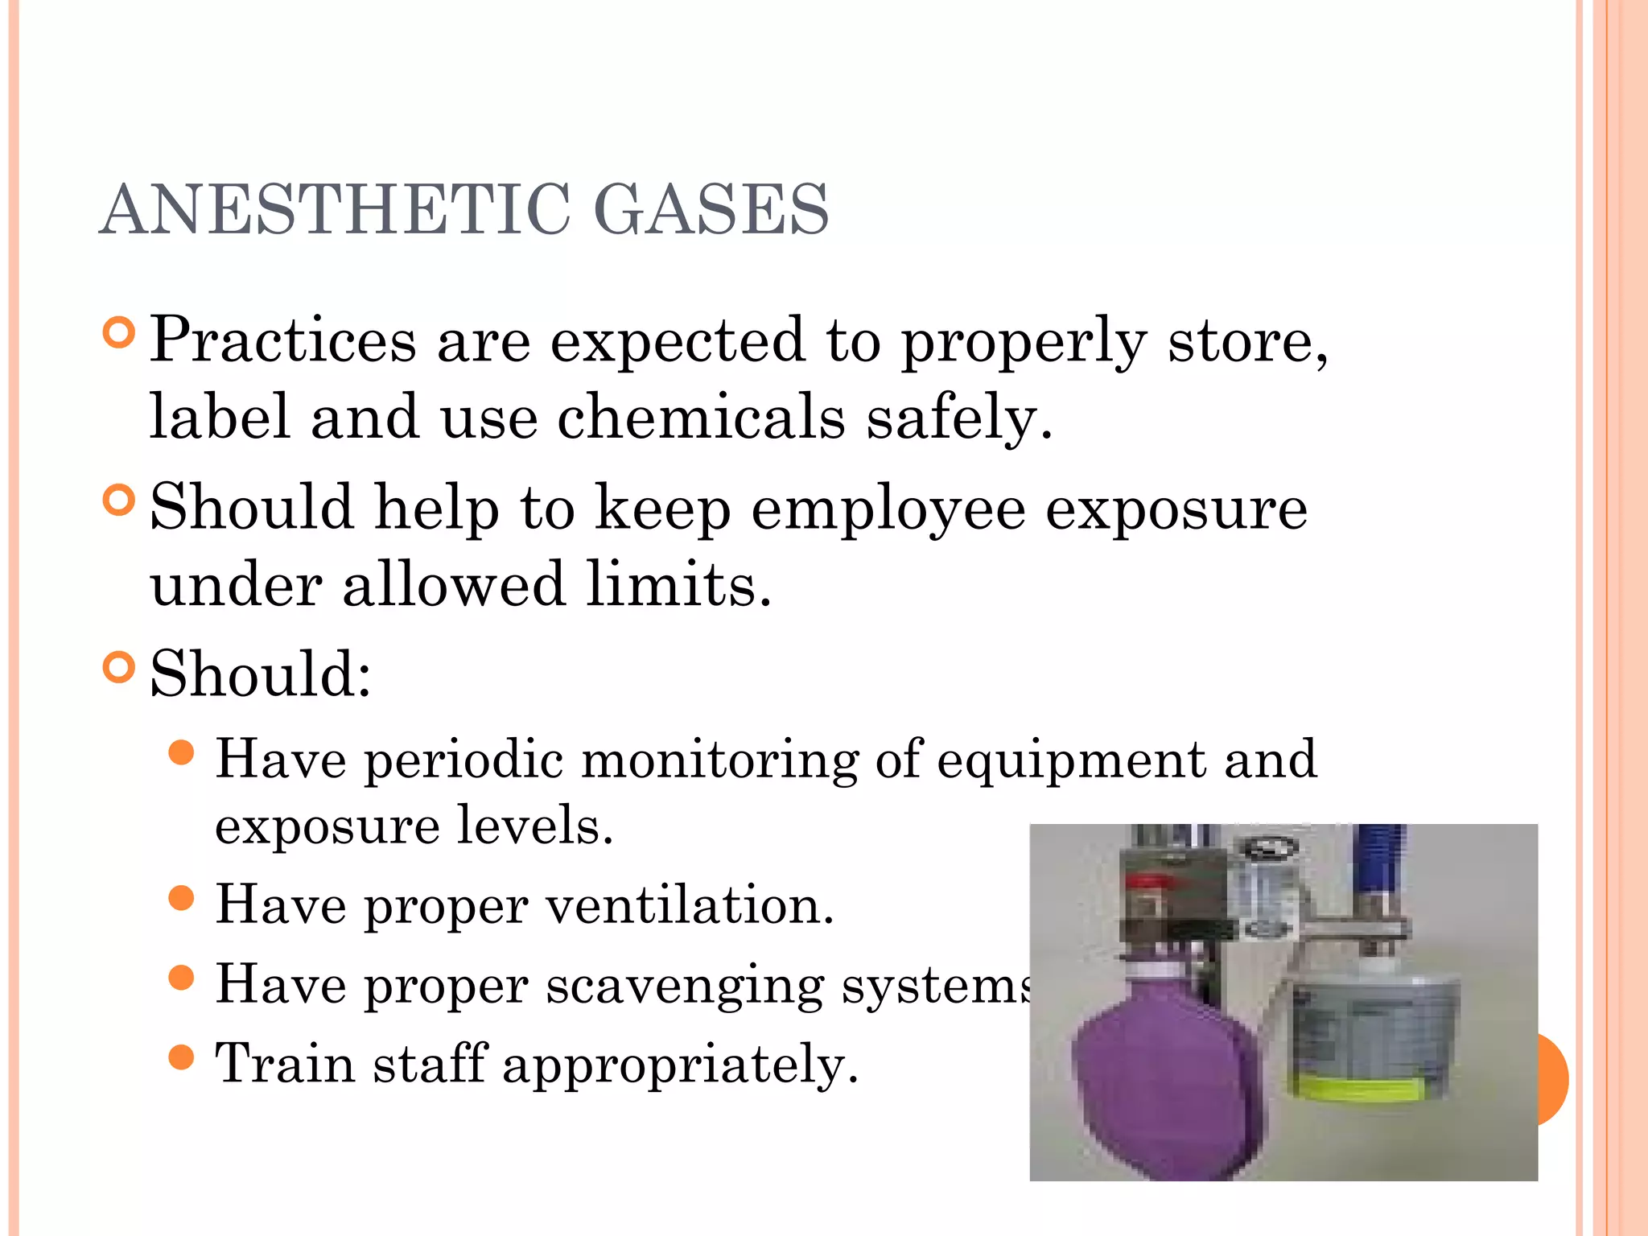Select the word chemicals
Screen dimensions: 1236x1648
[701, 418]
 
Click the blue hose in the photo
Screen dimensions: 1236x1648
[1378, 857]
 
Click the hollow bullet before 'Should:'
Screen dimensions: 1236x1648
[119, 667]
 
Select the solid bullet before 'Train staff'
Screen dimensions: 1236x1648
[183, 1057]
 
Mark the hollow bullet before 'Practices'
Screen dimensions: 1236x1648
[119, 332]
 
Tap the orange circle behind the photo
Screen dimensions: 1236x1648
[1554, 1079]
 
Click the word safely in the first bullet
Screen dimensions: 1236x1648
[958, 418]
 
